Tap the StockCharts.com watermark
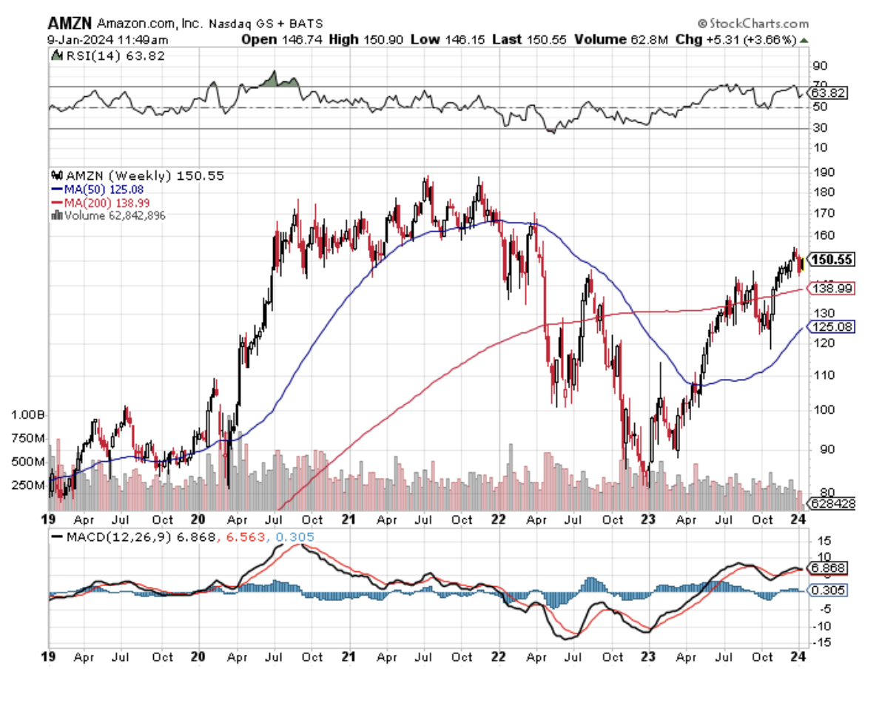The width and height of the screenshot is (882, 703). click(x=753, y=24)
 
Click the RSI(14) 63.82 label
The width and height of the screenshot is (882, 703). click(x=107, y=55)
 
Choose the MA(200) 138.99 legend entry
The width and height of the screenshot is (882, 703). click(x=110, y=202)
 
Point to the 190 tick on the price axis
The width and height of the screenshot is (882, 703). click(x=821, y=172)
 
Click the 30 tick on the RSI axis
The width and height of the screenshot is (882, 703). click(x=818, y=128)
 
